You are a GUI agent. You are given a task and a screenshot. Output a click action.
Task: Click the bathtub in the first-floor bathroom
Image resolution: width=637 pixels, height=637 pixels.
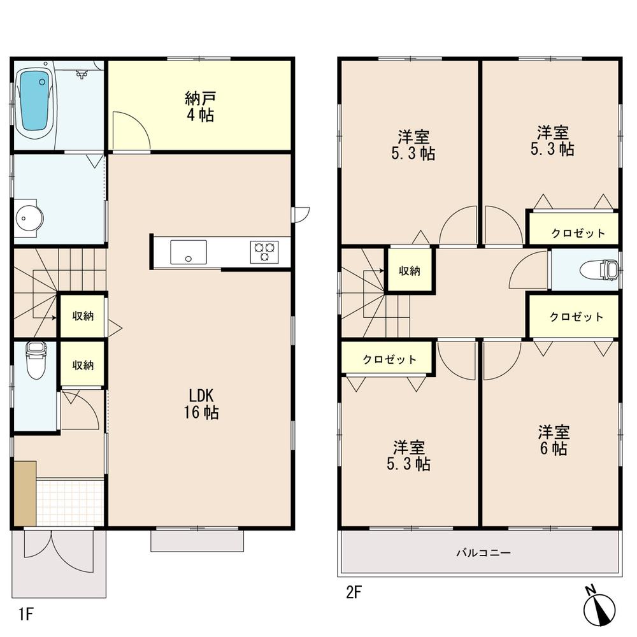pos(36,102)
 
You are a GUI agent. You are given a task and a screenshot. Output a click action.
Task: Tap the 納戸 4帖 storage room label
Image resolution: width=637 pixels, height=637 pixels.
pos(199,106)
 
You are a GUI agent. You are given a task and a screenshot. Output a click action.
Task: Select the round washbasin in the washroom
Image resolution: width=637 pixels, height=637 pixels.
pos(29,219)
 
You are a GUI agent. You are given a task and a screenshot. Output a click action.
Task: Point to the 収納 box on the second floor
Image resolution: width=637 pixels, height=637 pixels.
pos(410,271)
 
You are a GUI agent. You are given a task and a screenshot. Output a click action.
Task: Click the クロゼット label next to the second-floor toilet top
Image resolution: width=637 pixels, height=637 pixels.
pos(578,233)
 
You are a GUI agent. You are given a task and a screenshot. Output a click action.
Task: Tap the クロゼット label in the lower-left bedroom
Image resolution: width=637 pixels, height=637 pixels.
pos(389,359)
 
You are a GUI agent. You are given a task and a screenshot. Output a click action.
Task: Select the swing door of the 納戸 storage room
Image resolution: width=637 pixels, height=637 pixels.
pos(131,131)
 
